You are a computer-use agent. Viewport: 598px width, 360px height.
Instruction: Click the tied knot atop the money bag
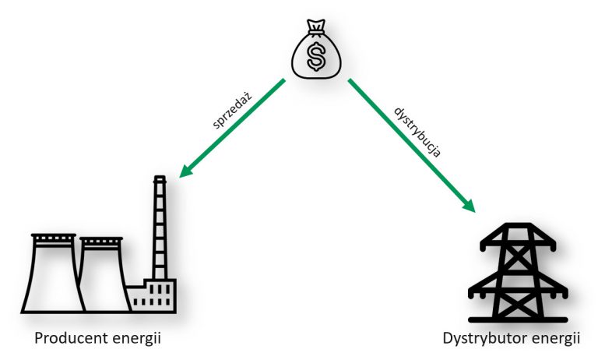tap(317, 31)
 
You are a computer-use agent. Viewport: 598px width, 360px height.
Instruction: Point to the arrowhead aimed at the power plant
tap(185, 171)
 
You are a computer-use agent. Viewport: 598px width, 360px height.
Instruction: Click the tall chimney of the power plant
tap(160, 230)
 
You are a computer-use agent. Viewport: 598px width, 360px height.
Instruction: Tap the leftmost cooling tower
tap(53, 273)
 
